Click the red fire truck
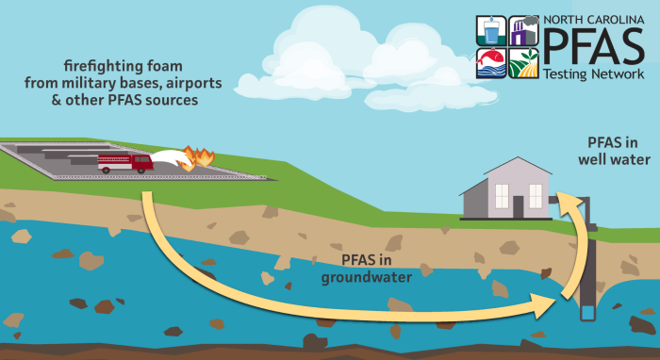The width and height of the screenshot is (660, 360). [124, 163]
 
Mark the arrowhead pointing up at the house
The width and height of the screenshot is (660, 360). [566, 199]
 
